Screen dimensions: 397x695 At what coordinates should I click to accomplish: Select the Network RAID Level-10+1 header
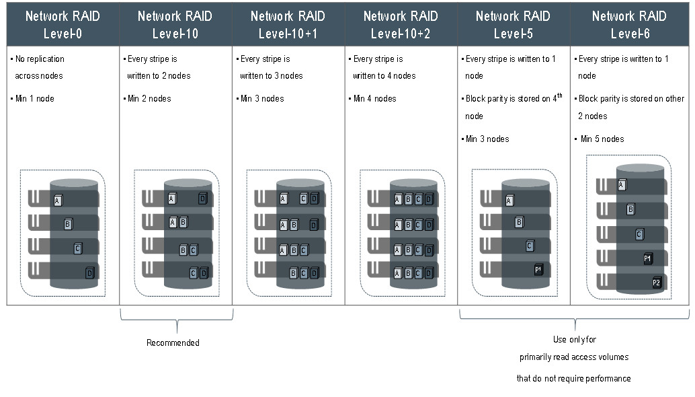(288, 24)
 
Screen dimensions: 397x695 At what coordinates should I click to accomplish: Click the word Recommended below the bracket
(173, 342)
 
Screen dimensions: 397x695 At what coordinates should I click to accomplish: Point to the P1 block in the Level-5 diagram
(538, 269)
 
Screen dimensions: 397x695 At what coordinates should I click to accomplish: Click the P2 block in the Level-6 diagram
(657, 283)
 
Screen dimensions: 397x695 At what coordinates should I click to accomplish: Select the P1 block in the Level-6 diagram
(647, 258)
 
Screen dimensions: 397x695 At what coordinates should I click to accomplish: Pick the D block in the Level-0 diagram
(89, 273)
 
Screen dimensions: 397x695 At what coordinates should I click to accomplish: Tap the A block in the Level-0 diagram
(58, 200)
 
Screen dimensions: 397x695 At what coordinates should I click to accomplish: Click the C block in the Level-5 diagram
(530, 246)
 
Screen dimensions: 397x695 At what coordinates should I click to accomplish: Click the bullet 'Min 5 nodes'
(602, 139)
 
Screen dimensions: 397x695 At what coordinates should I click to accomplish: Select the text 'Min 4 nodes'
(374, 98)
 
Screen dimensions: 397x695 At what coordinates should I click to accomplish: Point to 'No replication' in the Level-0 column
(40, 59)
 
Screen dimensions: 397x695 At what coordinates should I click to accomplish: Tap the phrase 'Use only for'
(574, 340)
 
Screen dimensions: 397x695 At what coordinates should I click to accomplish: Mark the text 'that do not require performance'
(573, 378)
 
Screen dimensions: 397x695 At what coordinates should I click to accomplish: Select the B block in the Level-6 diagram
(630, 209)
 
